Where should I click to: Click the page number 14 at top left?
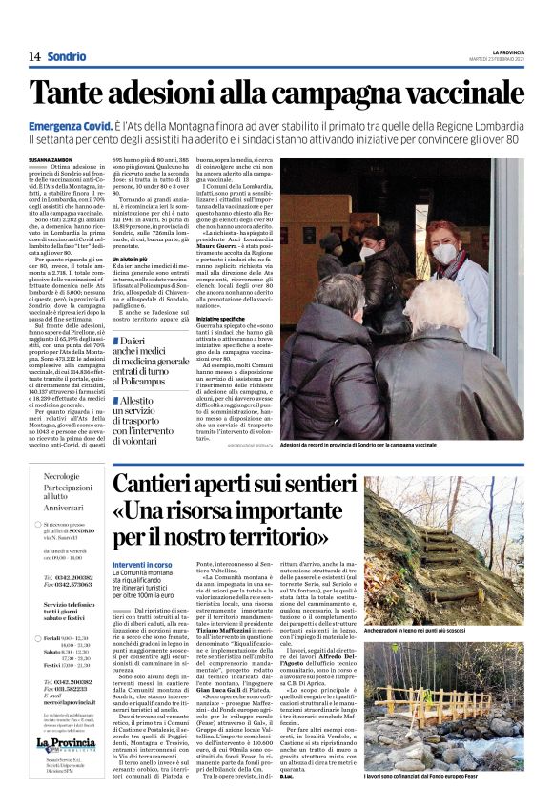click(33, 57)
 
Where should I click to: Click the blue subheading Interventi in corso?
click(141, 565)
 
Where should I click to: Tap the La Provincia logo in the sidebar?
click(67, 771)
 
